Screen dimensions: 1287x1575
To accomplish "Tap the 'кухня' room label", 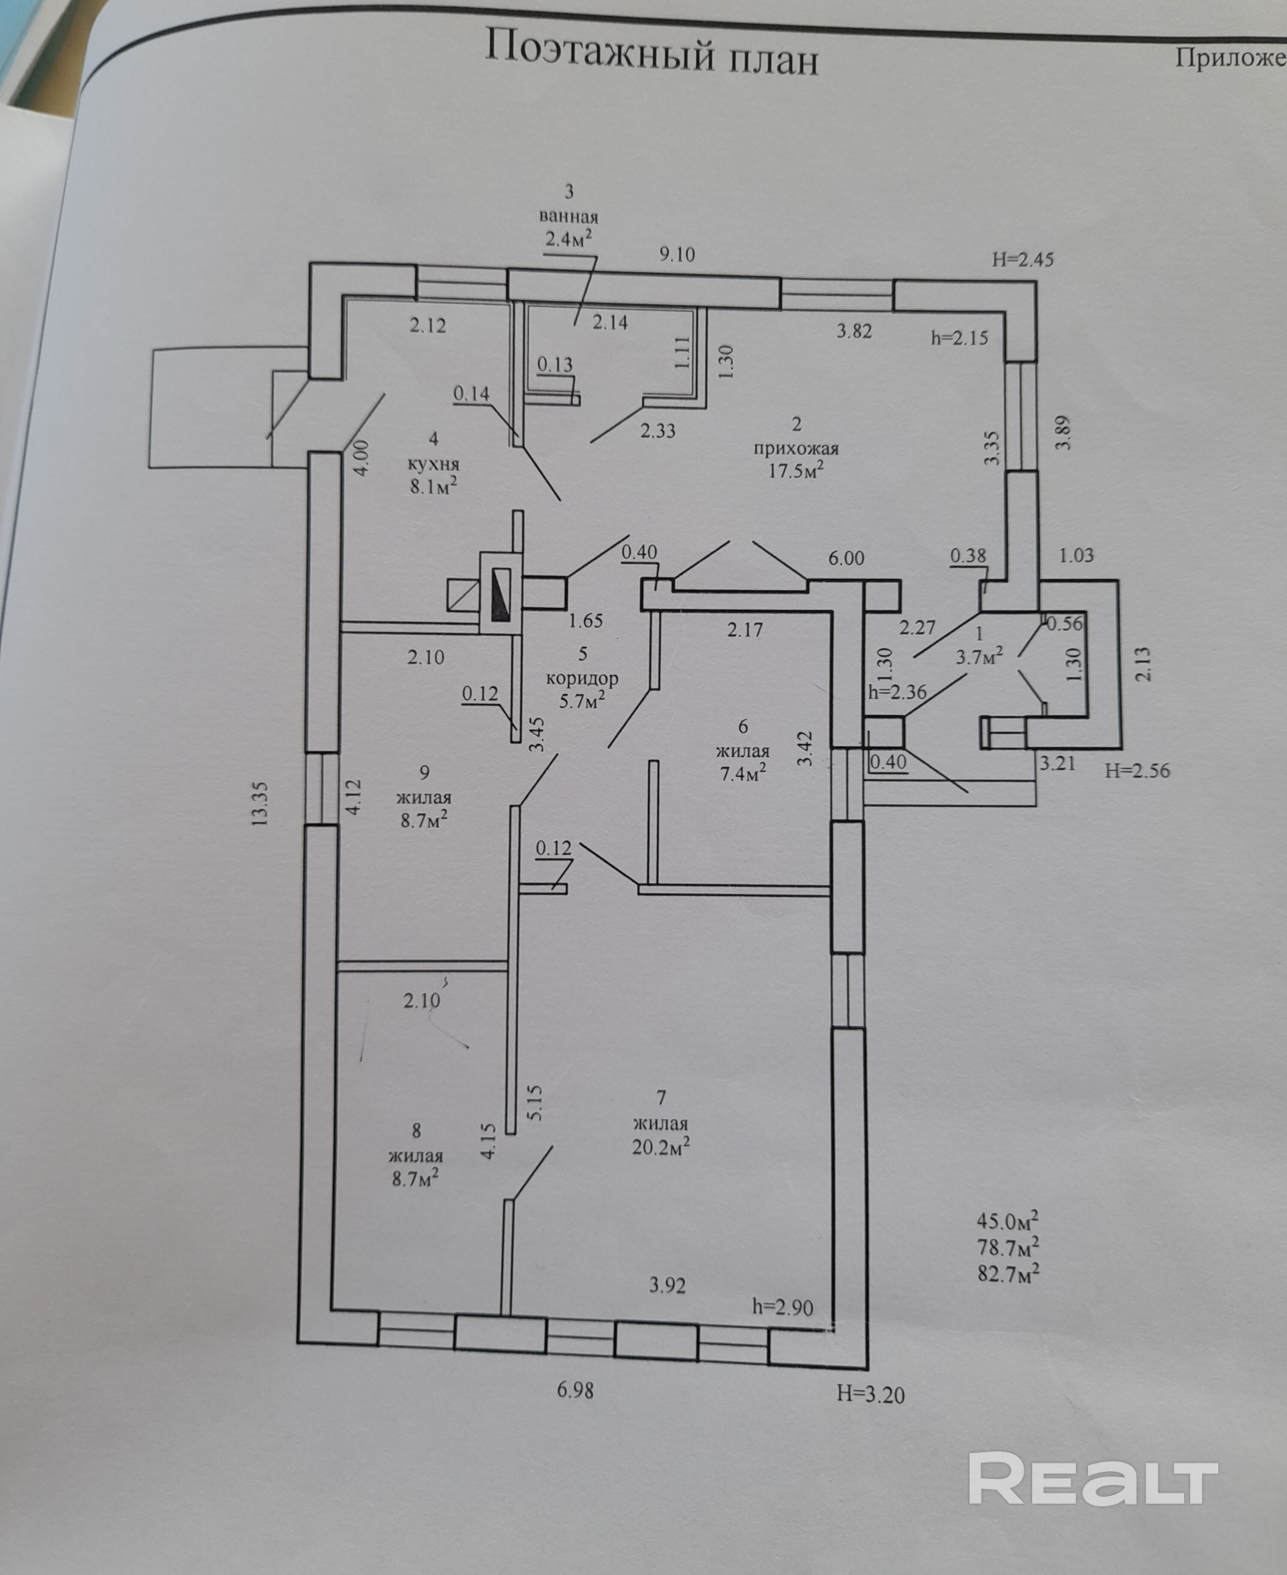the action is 434,464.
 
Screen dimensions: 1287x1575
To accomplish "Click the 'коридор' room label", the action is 582,678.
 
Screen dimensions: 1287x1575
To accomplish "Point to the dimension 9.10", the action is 677,254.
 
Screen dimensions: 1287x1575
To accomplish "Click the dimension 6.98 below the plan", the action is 575,1390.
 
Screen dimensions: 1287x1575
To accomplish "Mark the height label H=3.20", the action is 871,1394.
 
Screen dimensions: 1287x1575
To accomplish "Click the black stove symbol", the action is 502,595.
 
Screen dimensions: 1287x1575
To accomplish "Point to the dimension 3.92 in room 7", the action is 667,1285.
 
